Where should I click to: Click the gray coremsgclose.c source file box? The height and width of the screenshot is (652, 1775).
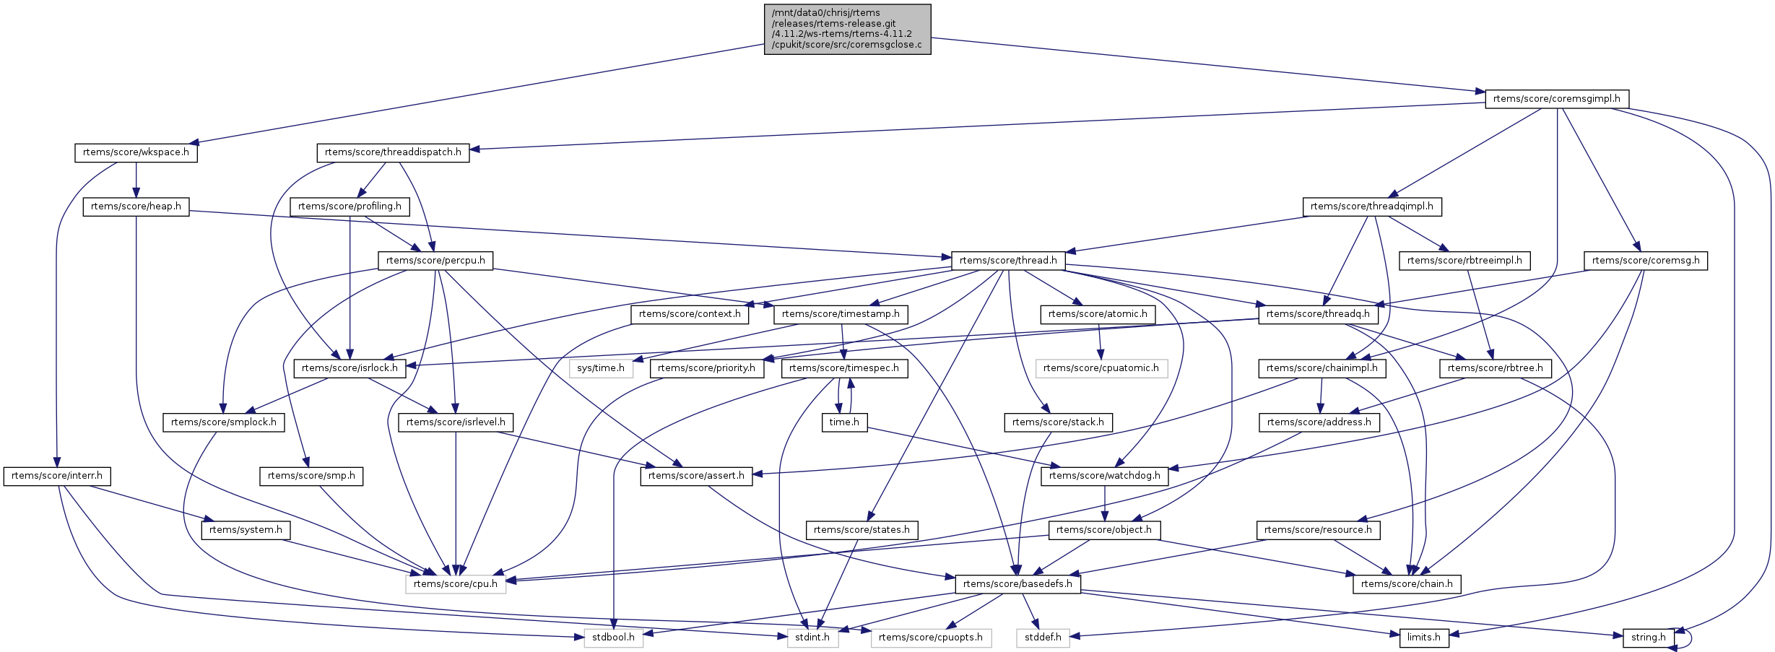pos(847,29)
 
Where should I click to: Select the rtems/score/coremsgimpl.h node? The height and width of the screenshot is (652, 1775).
pos(1556,99)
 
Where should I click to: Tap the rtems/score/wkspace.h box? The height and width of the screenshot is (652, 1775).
pos(136,152)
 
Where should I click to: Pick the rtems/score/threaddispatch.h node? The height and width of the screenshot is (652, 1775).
pos(393,152)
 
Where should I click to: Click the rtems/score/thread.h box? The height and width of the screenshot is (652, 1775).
pos(1008,261)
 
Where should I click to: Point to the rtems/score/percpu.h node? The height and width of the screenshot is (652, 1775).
pos(435,261)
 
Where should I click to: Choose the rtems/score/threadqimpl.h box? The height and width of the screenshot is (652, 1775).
pos(1371,207)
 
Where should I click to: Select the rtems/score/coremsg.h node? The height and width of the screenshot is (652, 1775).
pos(1645,261)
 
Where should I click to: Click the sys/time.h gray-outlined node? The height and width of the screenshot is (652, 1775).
pos(601,368)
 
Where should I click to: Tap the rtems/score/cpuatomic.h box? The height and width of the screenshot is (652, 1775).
pos(1101,368)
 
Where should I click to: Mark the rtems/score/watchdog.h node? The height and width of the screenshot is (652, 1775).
pos(1104,476)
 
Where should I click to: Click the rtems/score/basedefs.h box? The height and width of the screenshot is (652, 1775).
pos(1017,584)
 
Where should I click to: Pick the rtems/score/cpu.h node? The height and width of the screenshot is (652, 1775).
pos(456,584)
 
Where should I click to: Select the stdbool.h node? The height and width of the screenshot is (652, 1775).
pos(613,638)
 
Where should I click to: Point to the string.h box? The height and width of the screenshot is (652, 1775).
pos(1648,638)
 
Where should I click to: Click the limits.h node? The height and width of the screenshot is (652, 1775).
pos(1424,638)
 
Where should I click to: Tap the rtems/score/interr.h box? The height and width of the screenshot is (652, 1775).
pos(57,476)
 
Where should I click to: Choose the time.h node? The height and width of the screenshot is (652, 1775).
pos(844,422)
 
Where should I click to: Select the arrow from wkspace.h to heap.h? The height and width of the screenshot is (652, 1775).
pos(136,181)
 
